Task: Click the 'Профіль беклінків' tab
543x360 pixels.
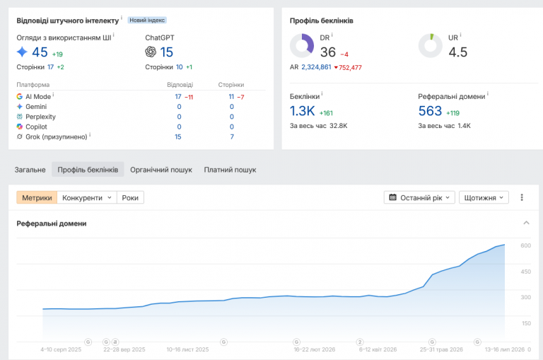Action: (x=88, y=170)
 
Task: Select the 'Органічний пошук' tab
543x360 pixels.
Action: (x=161, y=170)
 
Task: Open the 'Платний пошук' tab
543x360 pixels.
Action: (x=230, y=170)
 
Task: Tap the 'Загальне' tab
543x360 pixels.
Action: (x=30, y=170)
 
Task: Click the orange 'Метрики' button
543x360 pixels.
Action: (x=37, y=197)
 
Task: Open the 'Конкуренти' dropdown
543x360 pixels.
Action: (x=87, y=197)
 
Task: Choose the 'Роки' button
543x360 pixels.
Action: (x=130, y=197)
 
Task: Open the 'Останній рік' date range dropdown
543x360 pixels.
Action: (x=419, y=197)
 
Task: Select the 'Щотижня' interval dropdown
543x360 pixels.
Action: (x=484, y=197)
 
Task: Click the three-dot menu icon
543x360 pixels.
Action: (x=522, y=197)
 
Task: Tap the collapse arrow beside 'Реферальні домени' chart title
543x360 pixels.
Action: (x=526, y=223)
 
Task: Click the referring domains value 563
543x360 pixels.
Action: (x=430, y=111)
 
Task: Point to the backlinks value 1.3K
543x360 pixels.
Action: (x=303, y=111)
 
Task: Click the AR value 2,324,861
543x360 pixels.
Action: (x=316, y=67)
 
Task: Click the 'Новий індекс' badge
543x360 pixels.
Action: (x=147, y=20)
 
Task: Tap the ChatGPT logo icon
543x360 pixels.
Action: (x=151, y=52)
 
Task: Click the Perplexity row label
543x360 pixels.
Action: (x=40, y=117)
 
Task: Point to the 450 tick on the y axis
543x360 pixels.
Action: (x=526, y=272)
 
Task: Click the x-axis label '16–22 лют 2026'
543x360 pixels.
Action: (x=315, y=349)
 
